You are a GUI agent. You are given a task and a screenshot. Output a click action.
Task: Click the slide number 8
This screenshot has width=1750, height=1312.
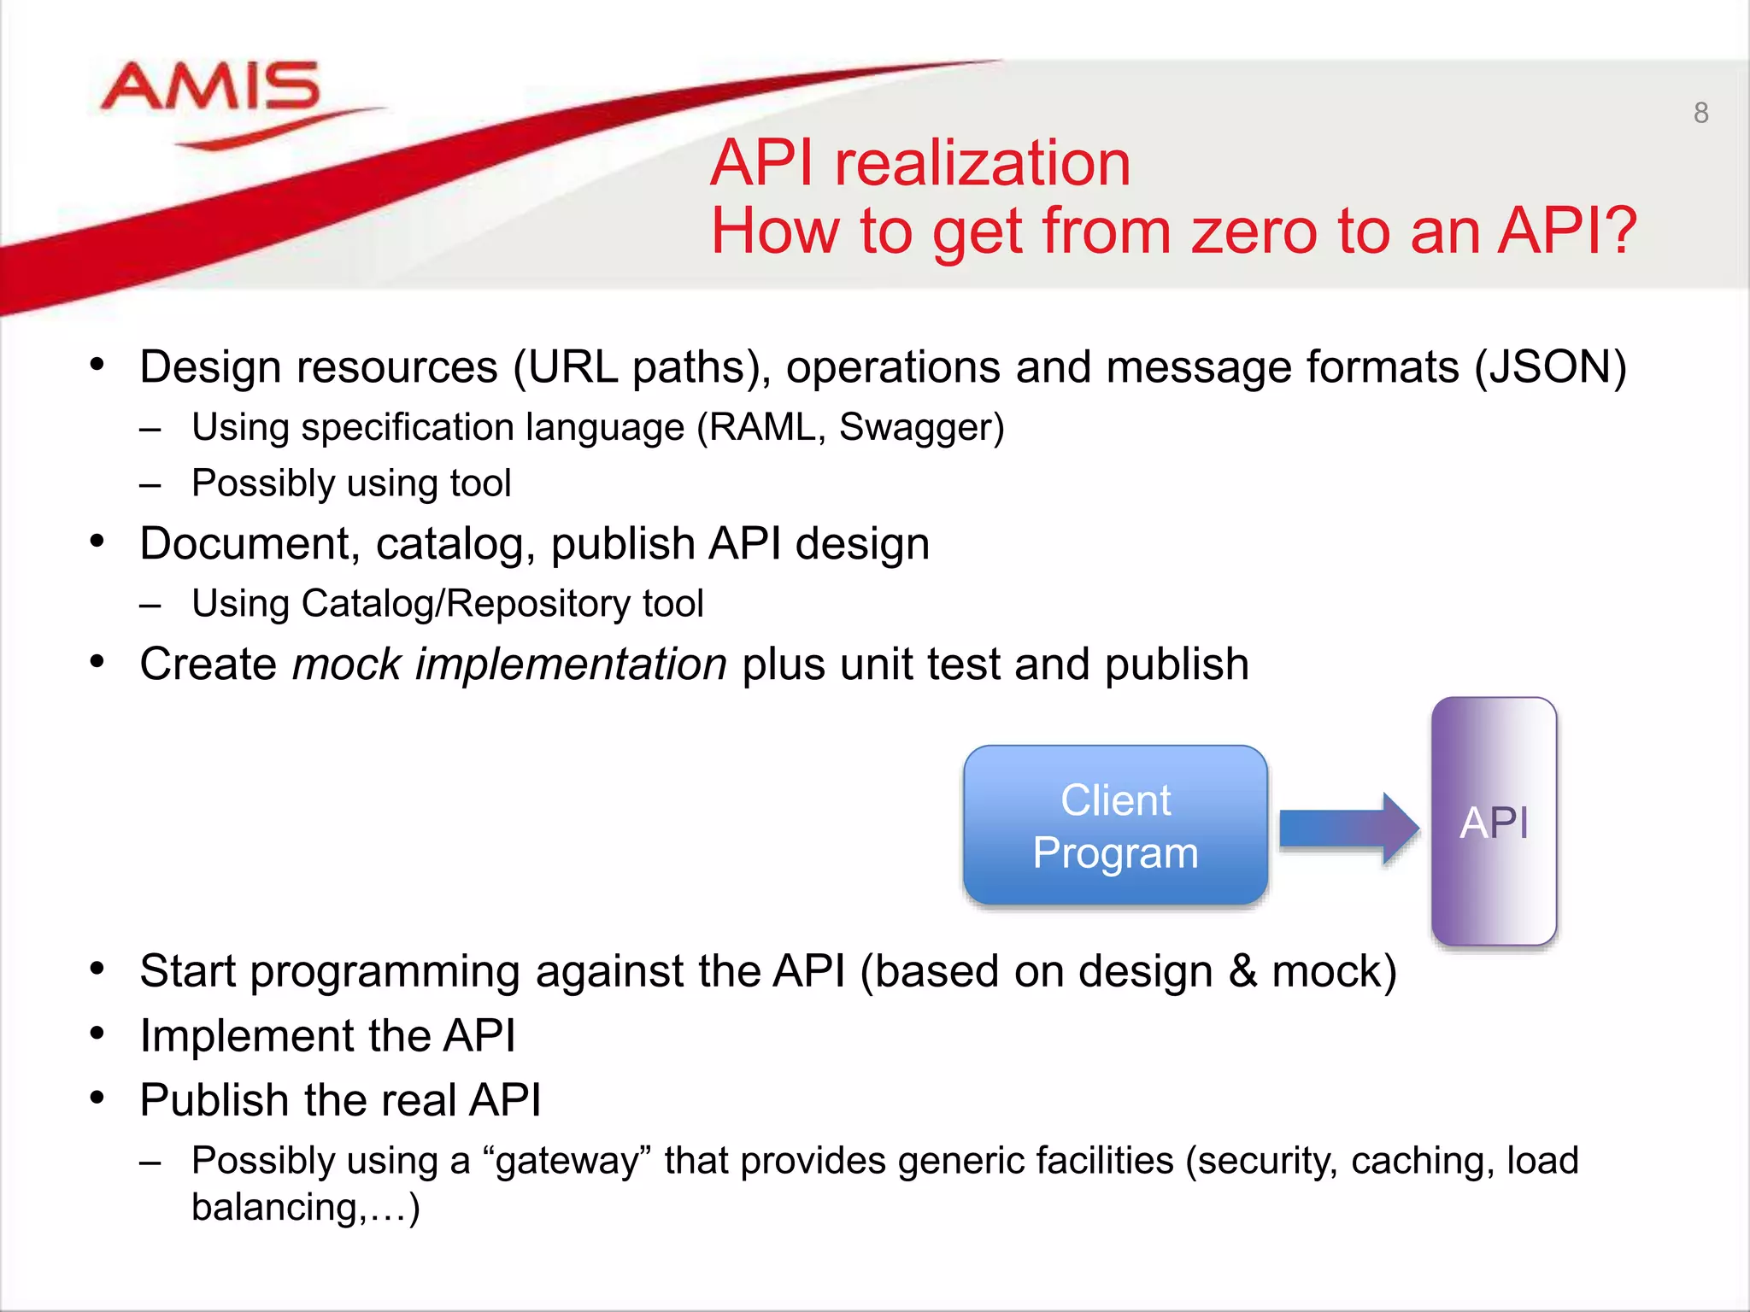coord(1700,113)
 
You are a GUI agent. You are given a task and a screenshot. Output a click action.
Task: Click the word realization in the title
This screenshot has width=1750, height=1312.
coord(982,163)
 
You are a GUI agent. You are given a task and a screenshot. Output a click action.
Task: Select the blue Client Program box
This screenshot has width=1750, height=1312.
coord(1114,825)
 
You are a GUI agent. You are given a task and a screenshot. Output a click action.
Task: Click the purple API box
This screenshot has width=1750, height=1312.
coord(1494,822)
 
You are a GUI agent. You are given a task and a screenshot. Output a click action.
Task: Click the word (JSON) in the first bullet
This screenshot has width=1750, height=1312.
coord(1550,367)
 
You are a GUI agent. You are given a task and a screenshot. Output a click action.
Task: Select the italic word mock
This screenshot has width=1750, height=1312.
coord(346,665)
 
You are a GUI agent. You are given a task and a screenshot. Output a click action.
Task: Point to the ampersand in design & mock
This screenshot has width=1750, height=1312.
coord(1242,972)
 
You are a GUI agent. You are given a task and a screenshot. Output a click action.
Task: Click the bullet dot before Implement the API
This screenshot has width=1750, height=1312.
coord(97,1034)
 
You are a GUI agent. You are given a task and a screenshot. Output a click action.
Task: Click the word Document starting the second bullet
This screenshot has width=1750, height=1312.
coord(244,544)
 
